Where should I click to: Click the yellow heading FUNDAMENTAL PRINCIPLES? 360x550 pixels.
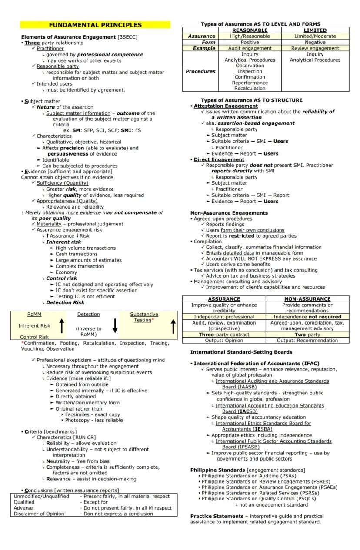(x=95, y=25)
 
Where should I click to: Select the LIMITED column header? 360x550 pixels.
(x=315, y=30)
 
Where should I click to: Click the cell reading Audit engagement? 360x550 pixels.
(x=250, y=49)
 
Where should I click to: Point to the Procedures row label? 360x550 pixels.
(x=200, y=71)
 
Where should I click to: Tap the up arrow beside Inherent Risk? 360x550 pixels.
(x=61, y=325)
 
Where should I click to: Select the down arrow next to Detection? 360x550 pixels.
(x=115, y=325)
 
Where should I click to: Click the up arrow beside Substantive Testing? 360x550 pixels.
(x=173, y=325)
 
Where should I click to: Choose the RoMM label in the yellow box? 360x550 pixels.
(x=34, y=315)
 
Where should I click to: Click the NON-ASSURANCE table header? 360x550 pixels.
(x=307, y=299)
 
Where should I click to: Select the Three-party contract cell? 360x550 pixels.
(x=224, y=335)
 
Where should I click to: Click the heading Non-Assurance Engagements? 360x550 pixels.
(x=229, y=213)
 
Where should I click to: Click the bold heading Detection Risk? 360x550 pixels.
(x=65, y=302)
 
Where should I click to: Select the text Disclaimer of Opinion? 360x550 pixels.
(x=39, y=514)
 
